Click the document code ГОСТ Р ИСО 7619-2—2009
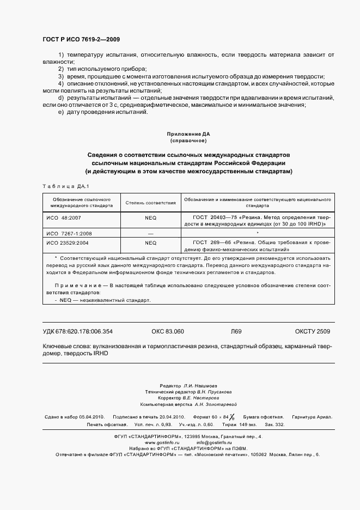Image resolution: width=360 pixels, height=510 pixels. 81,40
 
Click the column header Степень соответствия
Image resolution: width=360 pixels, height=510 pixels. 150,203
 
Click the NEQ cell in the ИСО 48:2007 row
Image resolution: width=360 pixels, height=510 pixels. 150,217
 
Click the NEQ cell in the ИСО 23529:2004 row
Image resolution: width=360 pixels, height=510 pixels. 150,242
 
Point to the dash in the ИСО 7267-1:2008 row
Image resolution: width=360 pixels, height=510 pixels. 150,233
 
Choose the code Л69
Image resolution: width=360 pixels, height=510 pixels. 236,331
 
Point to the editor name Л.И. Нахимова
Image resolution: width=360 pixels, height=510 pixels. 197,385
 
